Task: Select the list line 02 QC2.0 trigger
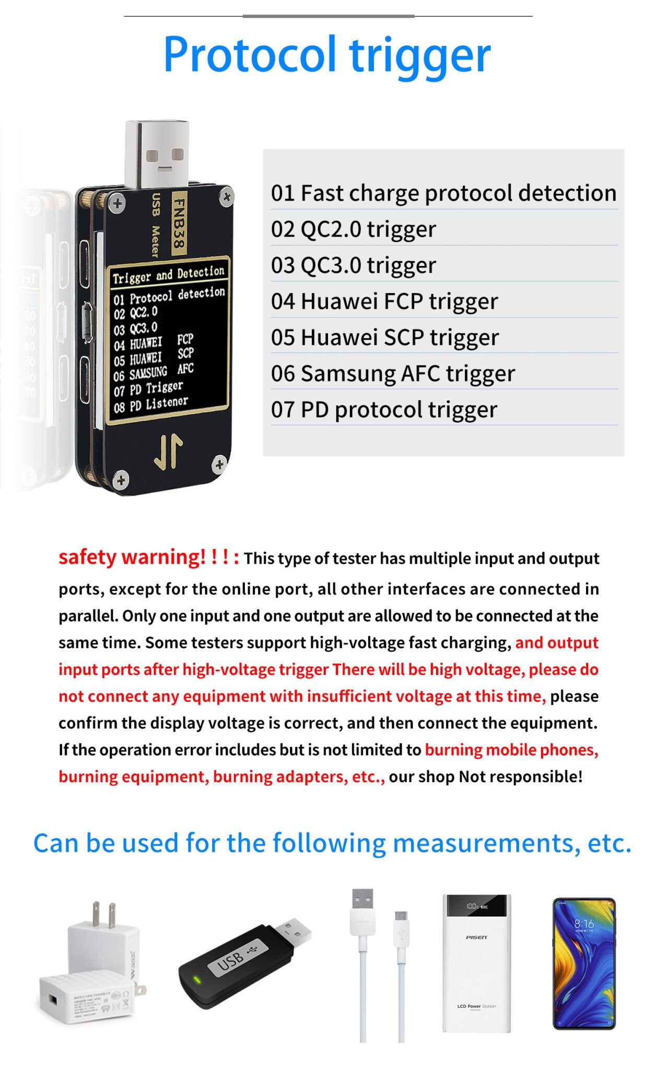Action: [x=353, y=229]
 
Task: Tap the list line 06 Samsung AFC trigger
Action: [x=393, y=374]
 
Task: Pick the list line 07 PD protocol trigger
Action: [x=384, y=410]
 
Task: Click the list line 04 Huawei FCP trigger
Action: [x=384, y=301]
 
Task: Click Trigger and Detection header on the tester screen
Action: [x=168, y=275]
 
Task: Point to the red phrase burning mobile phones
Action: [x=511, y=750]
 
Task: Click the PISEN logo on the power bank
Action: [x=476, y=937]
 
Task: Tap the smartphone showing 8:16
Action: [x=584, y=964]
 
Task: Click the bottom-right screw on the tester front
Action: [x=219, y=464]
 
